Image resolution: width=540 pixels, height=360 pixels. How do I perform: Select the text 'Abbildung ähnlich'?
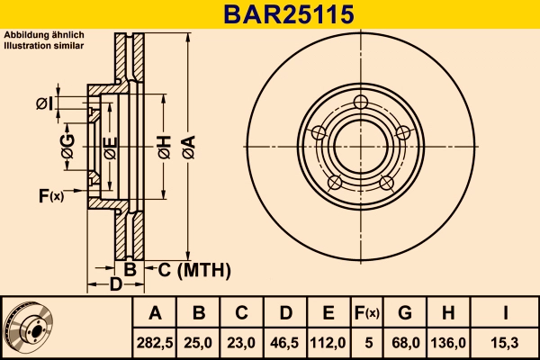coord(44,34)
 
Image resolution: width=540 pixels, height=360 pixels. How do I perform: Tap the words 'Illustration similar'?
coord(44,44)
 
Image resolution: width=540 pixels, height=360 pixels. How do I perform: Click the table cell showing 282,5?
coord(156,342)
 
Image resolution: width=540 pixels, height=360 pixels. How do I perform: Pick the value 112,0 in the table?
coord(328,342)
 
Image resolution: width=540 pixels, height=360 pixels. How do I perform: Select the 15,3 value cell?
coord(505,342)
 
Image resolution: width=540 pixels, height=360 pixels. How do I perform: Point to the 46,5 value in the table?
coord(285,342)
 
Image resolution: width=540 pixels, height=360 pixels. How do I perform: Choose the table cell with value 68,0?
coord(405,342)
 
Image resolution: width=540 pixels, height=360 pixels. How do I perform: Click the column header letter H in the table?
coord(448,313)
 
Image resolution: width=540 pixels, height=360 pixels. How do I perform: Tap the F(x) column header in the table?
coord(366,313)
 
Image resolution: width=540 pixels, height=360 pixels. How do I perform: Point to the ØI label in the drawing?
coord(45,104)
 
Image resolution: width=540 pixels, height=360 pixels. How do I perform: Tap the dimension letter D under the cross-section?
coord(115,285)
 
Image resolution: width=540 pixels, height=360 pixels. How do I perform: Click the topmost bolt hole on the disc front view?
coord(363,101)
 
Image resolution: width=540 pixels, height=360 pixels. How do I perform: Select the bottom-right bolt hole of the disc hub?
coord(387,183)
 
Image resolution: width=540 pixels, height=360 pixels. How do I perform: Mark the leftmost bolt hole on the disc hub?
coord(318,133)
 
